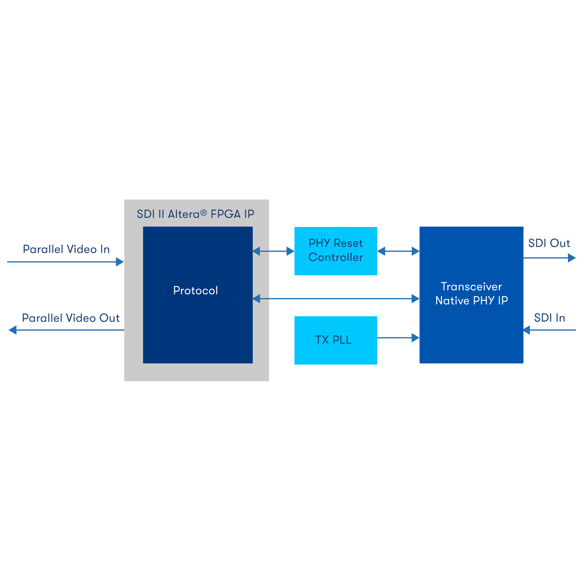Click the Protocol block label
coord(195,290)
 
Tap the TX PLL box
coord(335,340)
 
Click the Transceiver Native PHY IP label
coord(471,293)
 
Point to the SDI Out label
coord(549,243)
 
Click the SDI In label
coord(549,318)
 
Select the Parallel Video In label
coord(66,249)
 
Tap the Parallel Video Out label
coord(71,318)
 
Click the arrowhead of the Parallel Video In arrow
coord(120,262)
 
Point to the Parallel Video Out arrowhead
coord(13,330)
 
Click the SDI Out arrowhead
coord(572,258)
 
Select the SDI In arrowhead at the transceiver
coord(527,330)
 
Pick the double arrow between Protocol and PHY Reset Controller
coord(273,251)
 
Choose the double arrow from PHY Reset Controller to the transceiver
coord(398,251)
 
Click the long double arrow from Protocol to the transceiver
coord(336,299)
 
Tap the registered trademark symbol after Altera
coord(204,213)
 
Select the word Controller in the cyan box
coord(335,257)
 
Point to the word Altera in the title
coord(183,214)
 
